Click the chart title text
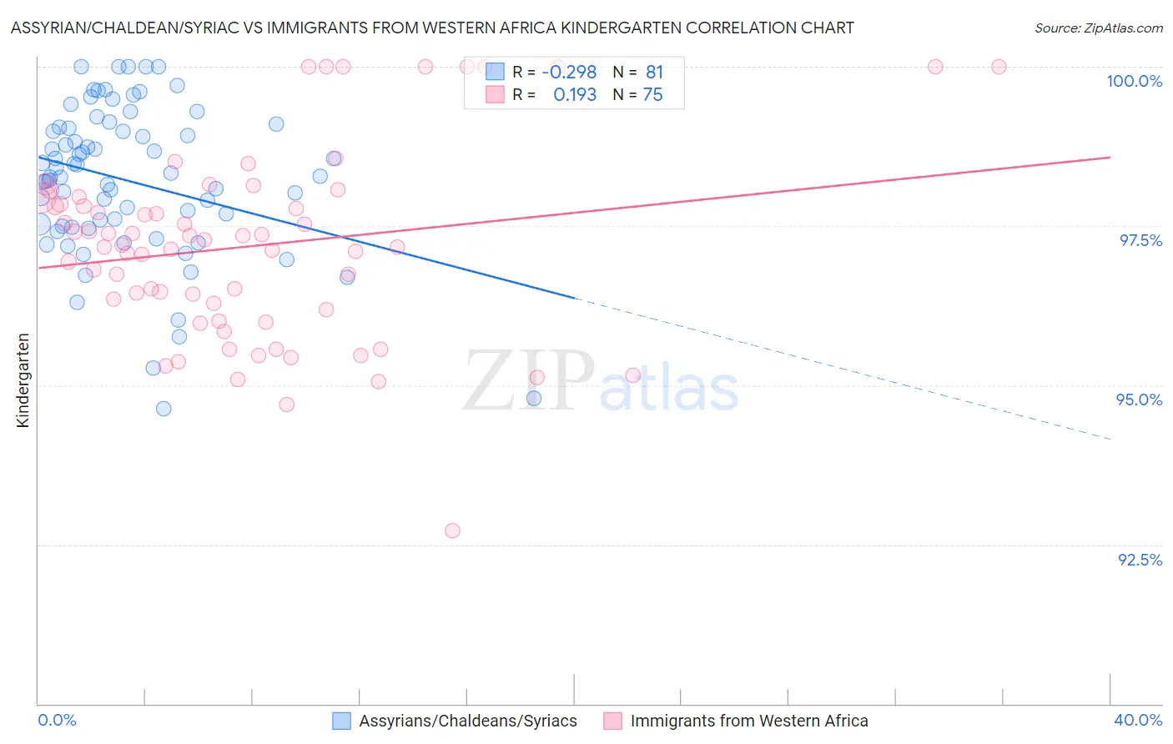click(x=432, y=28)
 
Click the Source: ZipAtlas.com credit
click(x=1098, y=28)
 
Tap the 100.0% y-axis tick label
click(x=1134, y=81)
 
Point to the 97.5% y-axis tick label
click(x=1140, y=240)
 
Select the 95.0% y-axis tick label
click(x=1139, y=400)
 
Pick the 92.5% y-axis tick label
click(x=1140, y=560)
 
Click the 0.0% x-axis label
click(x=58, y=720)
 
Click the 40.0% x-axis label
click(x=1138, y=720)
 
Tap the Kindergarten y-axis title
click(x=23, y=380)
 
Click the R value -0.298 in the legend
click(x=569, y=73)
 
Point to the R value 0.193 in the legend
click(x=575, y=95)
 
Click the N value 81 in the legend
click(x=654, y=73)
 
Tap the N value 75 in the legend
click(x=652, y=95)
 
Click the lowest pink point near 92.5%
click(x=452, y=530)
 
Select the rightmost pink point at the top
click(x=999, y=67)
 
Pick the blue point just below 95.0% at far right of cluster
click(x=534, y=399)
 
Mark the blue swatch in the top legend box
click(x=495, y=72)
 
